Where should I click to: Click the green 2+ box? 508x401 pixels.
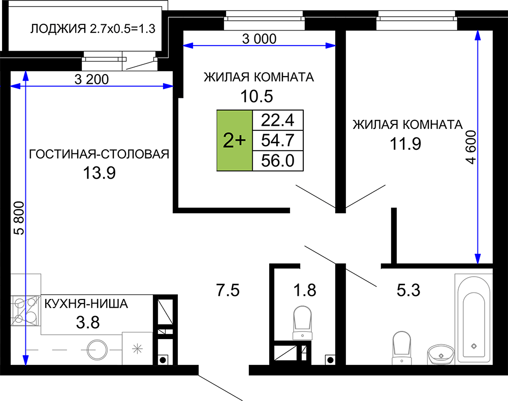click(x=235, y=141)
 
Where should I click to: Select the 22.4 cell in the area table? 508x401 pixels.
click(x=278, y=120)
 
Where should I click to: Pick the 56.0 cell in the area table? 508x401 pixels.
click(x=278, y=160)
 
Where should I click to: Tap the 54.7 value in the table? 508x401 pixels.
click(x=278, y=141)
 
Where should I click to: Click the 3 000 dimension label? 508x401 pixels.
click(x=259, y=39)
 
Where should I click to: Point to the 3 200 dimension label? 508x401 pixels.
click(x=91, y=79)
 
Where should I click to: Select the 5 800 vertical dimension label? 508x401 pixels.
click(x=19, y=218)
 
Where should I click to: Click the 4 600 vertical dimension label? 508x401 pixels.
click(x=471, y=147)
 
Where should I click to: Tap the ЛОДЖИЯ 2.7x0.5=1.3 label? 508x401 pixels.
click(x=93, y=29)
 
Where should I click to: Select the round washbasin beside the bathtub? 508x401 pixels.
click(x=440, y=354)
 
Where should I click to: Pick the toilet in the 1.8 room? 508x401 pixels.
click(x=302, y=323)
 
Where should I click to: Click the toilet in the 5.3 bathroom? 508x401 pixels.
click(x=401, y=348)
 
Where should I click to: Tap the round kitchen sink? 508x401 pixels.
click(x=97, y=350)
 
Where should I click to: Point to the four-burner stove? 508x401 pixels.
click(x=25, y=311)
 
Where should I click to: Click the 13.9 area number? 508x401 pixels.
click(x=100, y=173)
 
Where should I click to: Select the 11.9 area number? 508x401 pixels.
click(x=405, y=144)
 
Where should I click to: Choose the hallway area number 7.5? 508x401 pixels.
click(x=228, y=290)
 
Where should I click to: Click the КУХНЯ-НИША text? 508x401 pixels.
click(x=86, y=304)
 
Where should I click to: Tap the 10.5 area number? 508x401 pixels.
click(x=257, y=96)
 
